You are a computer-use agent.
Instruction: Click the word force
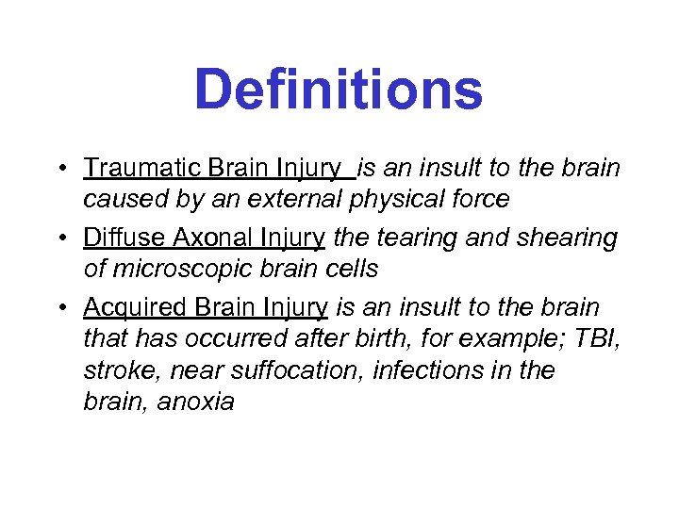coord(482,199)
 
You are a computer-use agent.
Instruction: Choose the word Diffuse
coord(117,238)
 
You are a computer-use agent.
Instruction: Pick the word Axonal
coord(198,238)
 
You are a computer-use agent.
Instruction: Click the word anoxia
coord(196,401)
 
